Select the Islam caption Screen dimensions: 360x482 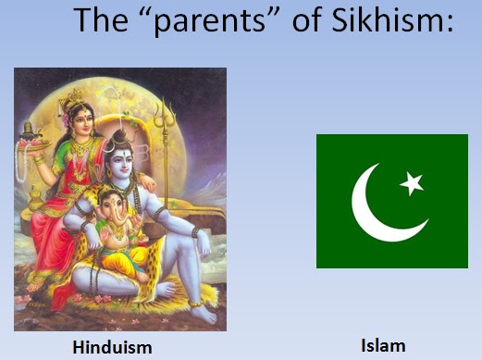(383, 346)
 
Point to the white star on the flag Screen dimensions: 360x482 (412, 184)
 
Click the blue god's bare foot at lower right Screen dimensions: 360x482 (202, 310)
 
